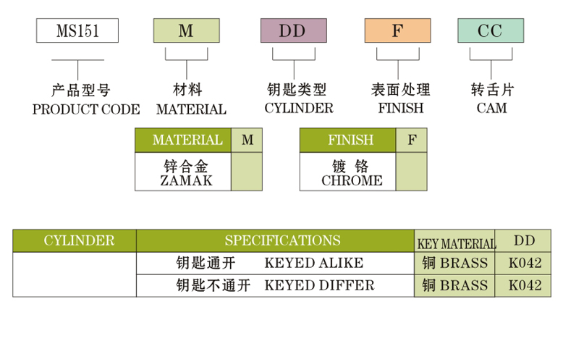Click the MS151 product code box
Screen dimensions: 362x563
tap(77, 31)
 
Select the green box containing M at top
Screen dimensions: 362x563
tap(186, 31)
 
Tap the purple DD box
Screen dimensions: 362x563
tap(292, 31)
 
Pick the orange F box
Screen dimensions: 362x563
tap(397, 31)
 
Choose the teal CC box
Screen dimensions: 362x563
tap(490, 31)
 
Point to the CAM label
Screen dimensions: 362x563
tap(491, 109)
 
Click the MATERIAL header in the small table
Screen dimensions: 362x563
tap(183, 140)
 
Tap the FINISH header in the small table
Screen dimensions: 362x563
tap(347, 140)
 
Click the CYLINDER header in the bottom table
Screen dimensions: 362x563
tap(75, 240)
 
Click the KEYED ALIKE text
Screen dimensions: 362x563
tap(314, 263)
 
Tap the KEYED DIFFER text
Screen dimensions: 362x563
tap(319, 285)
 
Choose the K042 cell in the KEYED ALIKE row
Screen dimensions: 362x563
tap(525, 263)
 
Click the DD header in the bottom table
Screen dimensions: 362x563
tap(525, 240)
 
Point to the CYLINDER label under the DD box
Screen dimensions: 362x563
tap(298, 109)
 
